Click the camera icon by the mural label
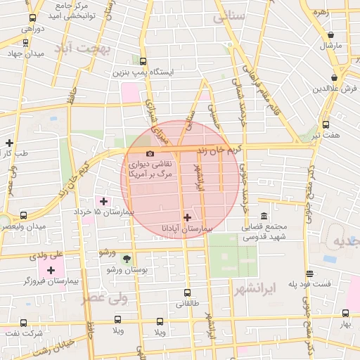[149, 154]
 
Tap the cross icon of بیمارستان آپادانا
[186, 217]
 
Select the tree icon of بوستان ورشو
[127, 259]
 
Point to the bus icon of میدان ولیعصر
[25, 215]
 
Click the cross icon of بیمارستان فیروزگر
[51, 270]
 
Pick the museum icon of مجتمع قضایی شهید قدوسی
[264, 216]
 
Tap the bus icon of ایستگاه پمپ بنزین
[143, 61]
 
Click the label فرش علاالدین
[337, 89]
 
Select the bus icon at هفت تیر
[326, 124]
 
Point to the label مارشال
[330, 45]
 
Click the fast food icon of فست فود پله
[309, 274]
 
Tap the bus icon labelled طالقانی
[187, 292]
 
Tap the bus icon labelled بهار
[345, 314]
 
